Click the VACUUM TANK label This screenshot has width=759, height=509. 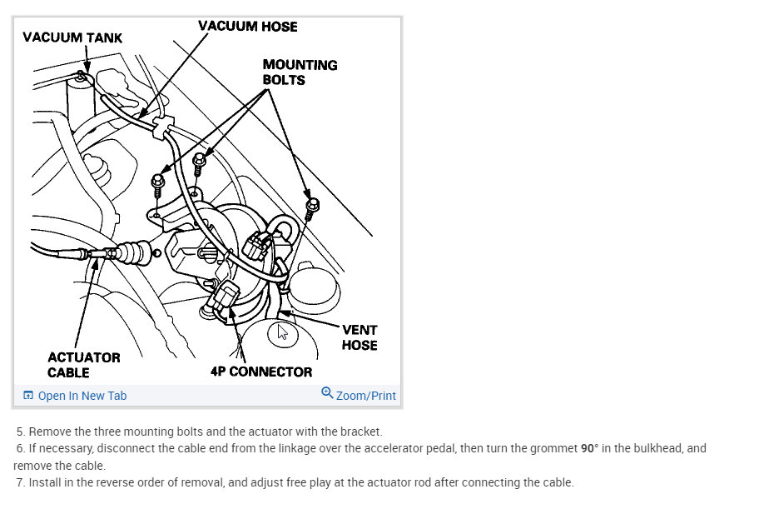pyautogui.click(x=72, y=37)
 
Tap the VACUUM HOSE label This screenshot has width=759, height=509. pyautogui.click(x=247, y=26)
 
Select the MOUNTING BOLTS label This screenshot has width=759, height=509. pyautogui.click(x=300, y=72)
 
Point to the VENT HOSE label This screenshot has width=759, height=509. pyautogui.click(x=360, y=337)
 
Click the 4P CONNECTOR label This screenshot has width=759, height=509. pyautogui.click(x=261, y=372)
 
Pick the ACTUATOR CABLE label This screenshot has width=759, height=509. pyautogui.click(x=83, y=365)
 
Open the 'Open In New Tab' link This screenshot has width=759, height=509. pyautogui.click(x=82, y=396)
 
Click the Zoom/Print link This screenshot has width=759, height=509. pyautogui.click(x=365, y=396)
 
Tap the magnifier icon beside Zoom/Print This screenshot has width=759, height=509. pyautogui.click(x=327, y=393)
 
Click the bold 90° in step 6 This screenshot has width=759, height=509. pyautogui.click(x=589, y=448)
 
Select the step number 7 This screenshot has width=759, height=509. pyautogui.click(x=20, y=482)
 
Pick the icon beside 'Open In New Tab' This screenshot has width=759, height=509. pyautogui.click(x=28, y=396)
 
